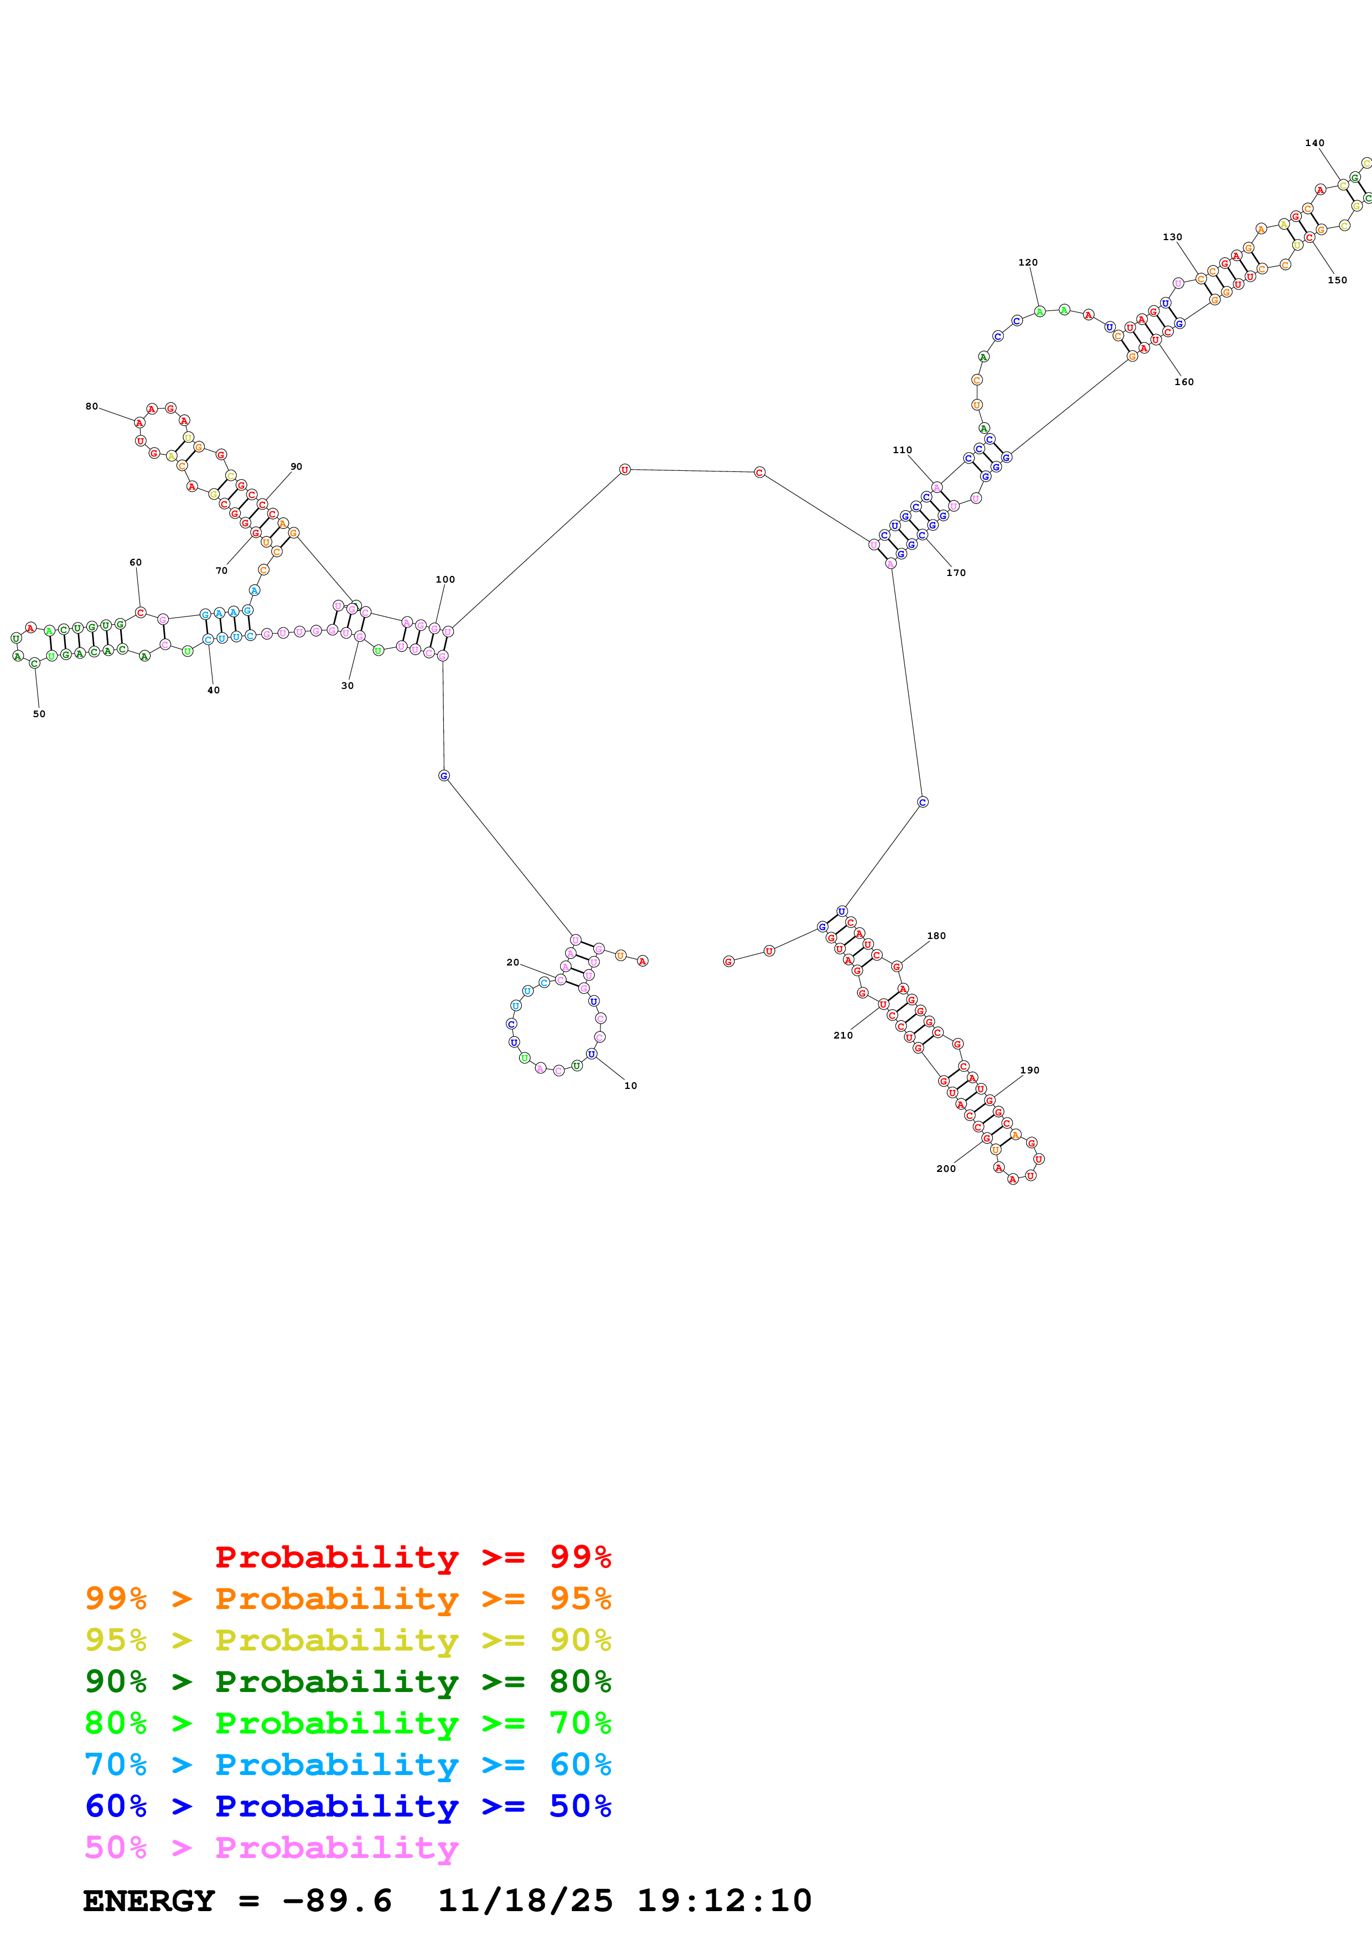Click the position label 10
[x=630, y=1086]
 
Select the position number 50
[x=39, y=714]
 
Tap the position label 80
[x=91, y=407]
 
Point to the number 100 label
[x=444, y=579]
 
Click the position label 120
[x=1027, y=262]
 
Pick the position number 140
[x=1314, y=143]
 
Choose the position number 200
[x=945, y=1169]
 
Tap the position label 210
[x=843, y=1035]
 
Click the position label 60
[x=135, y=562]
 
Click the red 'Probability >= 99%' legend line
[x=412, y=1556]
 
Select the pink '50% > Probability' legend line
[x=271, y=1847]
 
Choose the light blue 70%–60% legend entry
[x=348, y=1764]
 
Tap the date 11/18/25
[x=524, y=1901]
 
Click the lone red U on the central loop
[x=625, y=469]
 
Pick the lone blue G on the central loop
[x=444, y=775]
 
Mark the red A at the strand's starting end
[x=643, y=961]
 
